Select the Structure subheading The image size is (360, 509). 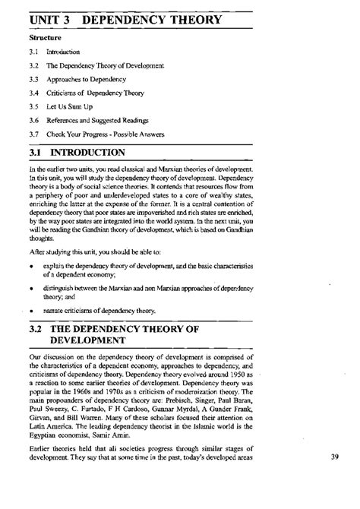click(45, 36)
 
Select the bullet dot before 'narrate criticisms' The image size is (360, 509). click(32, 311)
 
